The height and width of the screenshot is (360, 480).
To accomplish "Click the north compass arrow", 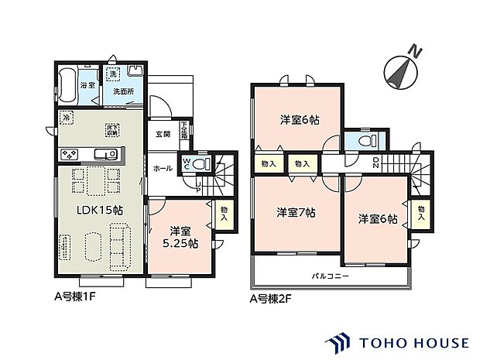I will click(399, 67).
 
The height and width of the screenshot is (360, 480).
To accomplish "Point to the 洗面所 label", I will click(122, 91).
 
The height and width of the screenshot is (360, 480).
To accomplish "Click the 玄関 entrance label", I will click(163, 134).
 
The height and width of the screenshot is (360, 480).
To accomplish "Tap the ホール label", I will click(163, 167).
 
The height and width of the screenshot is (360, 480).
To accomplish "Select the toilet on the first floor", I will click(201, 164).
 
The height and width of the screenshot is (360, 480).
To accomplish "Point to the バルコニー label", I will click(331, 276).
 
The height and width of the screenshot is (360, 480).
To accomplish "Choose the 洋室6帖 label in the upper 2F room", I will click(300, 119).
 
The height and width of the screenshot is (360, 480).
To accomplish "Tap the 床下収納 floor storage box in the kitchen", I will click(111, 127).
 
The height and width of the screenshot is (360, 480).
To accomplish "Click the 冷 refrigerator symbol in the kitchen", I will click(67, 118).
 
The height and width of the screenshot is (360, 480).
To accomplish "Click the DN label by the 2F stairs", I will click(376, 163).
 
